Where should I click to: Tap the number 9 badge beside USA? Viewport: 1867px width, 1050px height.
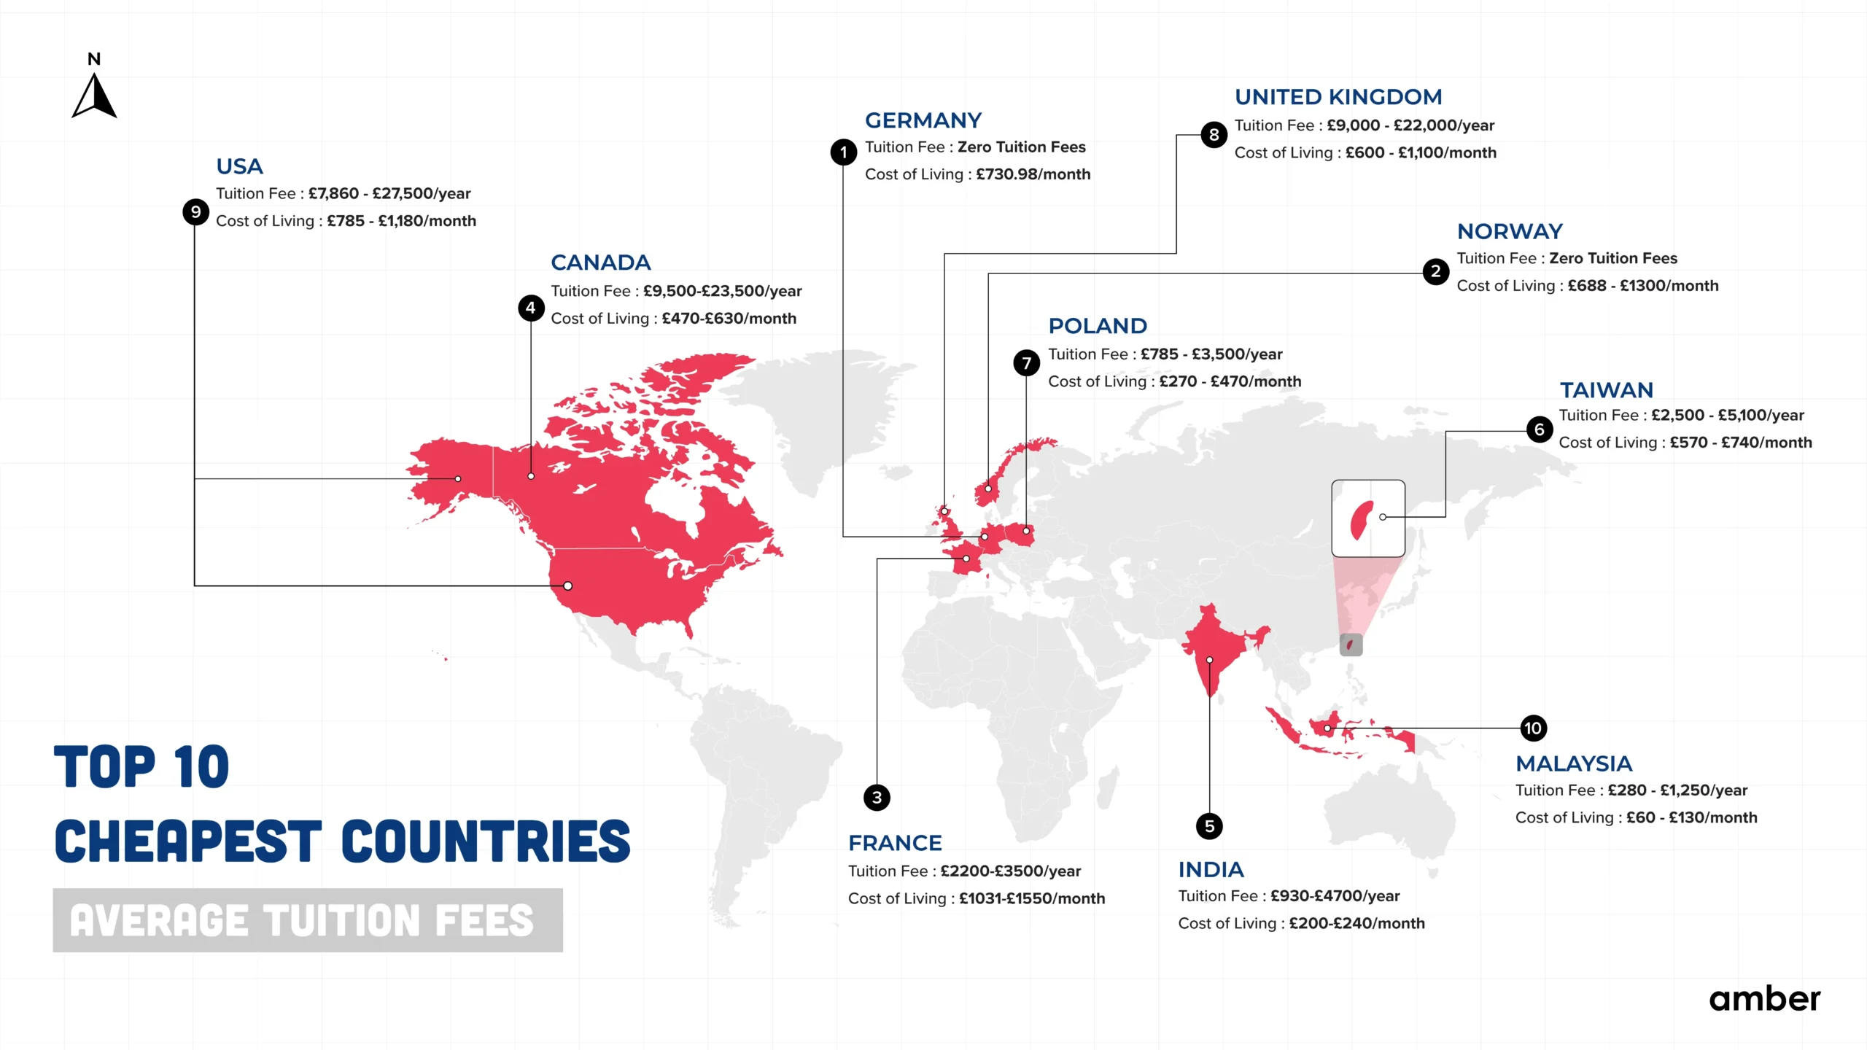pyautogui.click(x=195, y=212)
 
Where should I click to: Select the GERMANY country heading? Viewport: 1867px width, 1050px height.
pyautogui.click(x=923, y=120)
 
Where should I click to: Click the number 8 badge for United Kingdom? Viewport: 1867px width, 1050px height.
pyautogui.click(x=1214, y=135)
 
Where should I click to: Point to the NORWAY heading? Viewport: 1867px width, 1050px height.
pyautogui.click(x=1510, y=231)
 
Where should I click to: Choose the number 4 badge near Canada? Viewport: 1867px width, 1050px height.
pyautogui.click(x=531, y=308)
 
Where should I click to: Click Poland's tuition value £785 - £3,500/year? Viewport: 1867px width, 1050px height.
pyautogui.click(x=1211, y=354)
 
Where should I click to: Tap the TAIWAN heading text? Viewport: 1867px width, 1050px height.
pyautogui.click(x=1606, y=390)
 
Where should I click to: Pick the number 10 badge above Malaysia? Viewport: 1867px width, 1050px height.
pyautogui.click(x=1533, y=728)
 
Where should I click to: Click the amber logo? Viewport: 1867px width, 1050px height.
pyautogui.click(x=1764, y=999)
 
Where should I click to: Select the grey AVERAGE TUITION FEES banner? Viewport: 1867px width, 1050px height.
pyautogui.click(x=307, y=920)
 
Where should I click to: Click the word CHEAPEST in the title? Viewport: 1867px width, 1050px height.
pyautogui.click(x=188, y=841)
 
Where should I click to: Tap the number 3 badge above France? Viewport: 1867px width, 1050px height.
pyautogui.click(x=877, y=798)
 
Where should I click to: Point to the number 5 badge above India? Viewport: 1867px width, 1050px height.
pyautogui.click(x=1209, y=826)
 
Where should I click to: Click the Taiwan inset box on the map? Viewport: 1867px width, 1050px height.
pyautogui.click(x=1367, y=518)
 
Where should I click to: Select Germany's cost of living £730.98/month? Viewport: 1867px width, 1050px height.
pyautogui.click(x=1033, y=174)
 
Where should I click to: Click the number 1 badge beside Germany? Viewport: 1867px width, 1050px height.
pyautogui.click(x=844, y=152)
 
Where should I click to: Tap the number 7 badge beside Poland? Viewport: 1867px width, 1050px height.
pyautogui.click(x=1026, y=362)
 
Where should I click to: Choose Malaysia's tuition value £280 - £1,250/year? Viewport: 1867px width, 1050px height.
pyautogui.click(x=1677, y=790)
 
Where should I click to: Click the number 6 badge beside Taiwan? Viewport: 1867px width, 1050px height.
pyautogui.click(x=1539, y=429)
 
